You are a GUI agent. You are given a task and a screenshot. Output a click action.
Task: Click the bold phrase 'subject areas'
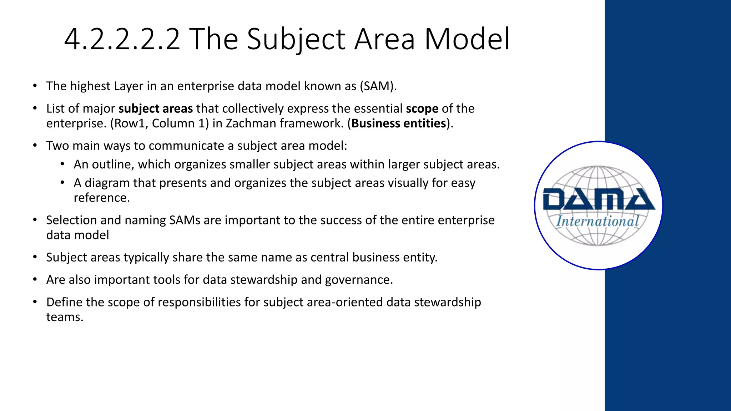156,108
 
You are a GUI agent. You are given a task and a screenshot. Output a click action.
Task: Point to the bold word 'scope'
422,108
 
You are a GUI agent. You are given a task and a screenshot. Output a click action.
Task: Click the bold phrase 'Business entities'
399,123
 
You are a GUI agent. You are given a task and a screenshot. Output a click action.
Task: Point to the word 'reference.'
102,198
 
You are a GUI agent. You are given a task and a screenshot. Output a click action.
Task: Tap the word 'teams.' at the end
65,317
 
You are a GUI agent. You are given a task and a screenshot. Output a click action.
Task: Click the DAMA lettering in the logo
599,199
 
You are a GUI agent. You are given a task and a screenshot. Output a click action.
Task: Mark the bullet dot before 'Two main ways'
35,146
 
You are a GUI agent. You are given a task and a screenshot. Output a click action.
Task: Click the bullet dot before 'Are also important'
35,279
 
